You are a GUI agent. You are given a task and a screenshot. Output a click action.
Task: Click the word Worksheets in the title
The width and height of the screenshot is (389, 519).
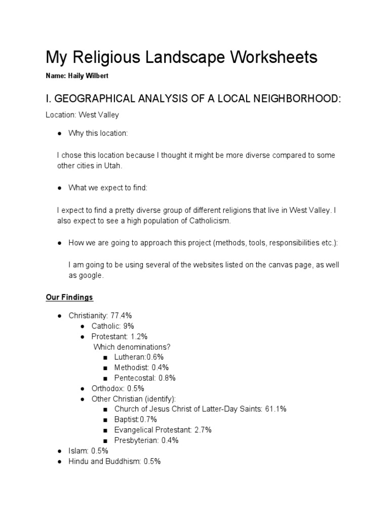point(274,57)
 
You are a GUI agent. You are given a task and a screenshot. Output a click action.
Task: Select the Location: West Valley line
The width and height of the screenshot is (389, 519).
point(82,115)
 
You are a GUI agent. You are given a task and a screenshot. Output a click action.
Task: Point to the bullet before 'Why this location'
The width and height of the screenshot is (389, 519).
point(59,133)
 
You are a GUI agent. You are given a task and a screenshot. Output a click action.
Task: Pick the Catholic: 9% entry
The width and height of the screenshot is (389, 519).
point(112,326)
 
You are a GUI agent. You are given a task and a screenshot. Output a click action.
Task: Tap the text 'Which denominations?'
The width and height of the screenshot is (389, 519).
point(132,347)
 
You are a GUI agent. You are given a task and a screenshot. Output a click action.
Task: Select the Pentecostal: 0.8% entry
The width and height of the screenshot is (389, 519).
point(145,378)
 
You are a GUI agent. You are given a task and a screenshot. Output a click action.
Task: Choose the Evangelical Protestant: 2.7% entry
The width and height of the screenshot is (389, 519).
point(163,430)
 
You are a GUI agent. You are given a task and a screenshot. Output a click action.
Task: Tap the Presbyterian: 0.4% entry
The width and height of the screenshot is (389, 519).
point(146,440)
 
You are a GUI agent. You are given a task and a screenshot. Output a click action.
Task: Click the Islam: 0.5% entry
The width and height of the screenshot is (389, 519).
point(88,451)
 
